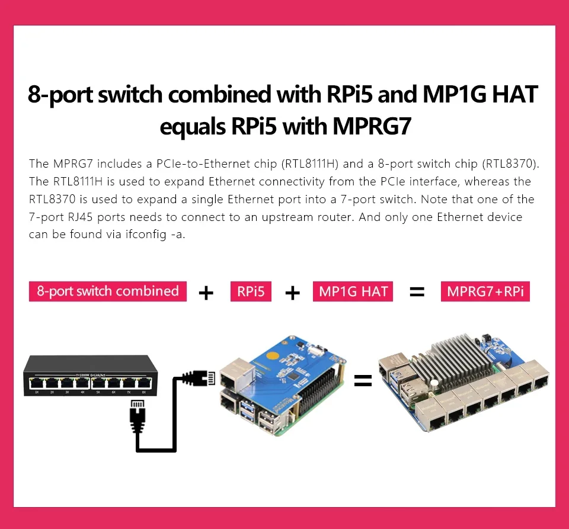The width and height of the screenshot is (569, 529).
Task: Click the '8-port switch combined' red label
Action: [x=107, y=291]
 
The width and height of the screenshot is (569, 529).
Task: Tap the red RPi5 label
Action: [x=251, y=291]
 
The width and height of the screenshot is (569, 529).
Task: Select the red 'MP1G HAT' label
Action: [x=353, y=291]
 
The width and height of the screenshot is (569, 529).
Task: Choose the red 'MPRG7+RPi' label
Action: [x=485, y=291]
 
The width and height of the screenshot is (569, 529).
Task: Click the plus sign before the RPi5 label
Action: [x=206, y=293]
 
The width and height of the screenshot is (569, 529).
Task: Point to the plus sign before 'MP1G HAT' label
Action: [x=292, y=293]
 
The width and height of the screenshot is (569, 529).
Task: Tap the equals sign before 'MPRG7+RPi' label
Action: [x=417, y=292]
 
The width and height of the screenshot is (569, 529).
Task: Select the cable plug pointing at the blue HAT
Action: [x=199, y=377]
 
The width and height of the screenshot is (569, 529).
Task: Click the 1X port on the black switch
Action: [x=37, y=383]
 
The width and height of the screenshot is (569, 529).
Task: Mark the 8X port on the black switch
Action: [x=143, y=383]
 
